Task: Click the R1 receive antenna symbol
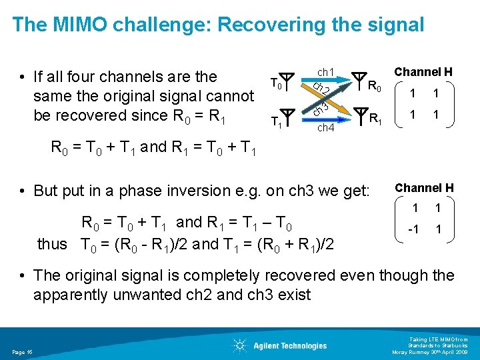coord(359,115)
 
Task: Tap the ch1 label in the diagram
coord(325,71)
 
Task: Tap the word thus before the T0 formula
coord(52,244)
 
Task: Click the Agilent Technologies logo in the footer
coord(280,345)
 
